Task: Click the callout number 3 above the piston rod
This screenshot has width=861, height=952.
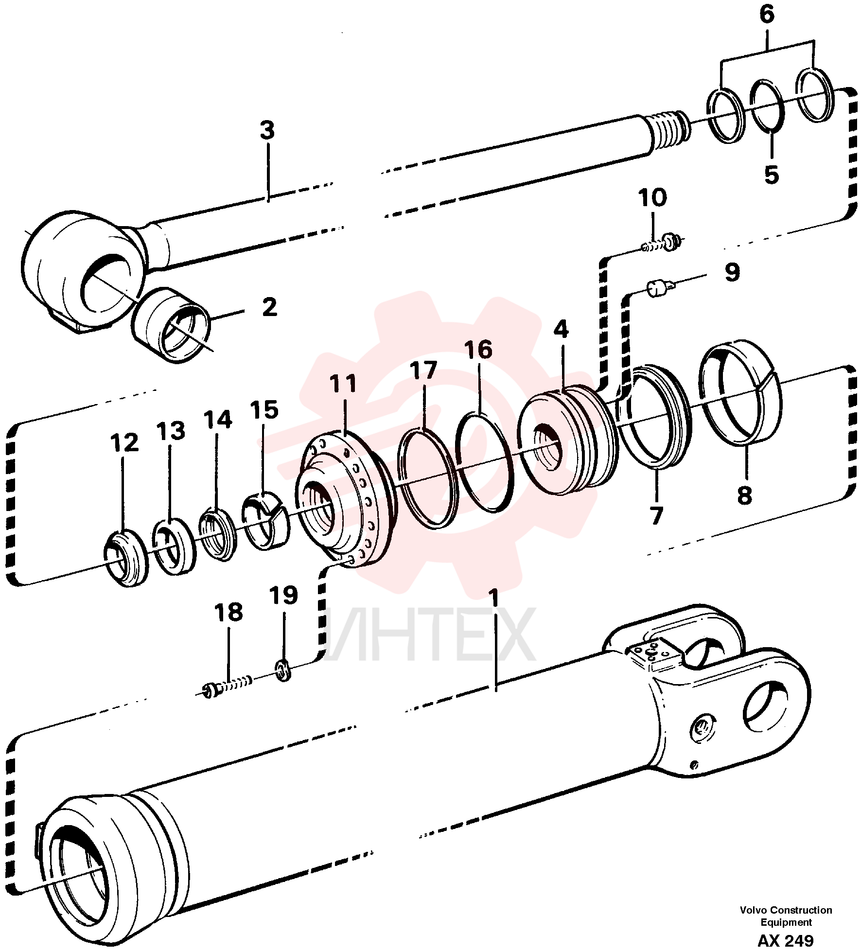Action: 267,131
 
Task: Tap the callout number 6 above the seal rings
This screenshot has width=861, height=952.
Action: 767,15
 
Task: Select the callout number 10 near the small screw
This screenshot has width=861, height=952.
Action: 652,198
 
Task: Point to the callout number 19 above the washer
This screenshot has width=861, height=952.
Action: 284,595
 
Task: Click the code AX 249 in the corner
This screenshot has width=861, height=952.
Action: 786,941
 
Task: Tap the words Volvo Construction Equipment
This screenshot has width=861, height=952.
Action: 786,916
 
